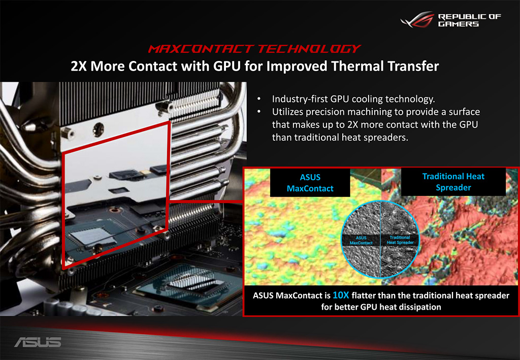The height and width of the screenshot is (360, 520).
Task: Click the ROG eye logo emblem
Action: [x=417, y=20]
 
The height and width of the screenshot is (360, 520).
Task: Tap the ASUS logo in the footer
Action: [x=38, y=342]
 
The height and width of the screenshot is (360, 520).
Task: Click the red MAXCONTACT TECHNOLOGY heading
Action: [x=254, y=49]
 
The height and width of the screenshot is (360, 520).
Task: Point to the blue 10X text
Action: [x=341, y=295]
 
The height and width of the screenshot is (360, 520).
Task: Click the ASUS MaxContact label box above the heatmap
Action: [x=310, y=183]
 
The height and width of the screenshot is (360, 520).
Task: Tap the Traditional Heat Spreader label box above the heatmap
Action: [x=453, y=182]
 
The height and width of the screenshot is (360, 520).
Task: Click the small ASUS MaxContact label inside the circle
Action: [x=361, y=240]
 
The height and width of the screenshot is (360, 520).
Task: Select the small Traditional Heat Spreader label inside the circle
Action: [x=400, y=240]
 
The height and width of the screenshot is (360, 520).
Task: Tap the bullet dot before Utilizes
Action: [x=258, y=112]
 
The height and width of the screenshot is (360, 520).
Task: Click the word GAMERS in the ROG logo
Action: [x=459, y=24]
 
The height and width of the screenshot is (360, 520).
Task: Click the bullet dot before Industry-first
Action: [x=258, y=99]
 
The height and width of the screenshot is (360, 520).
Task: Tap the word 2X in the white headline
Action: [x=79, y=66]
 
